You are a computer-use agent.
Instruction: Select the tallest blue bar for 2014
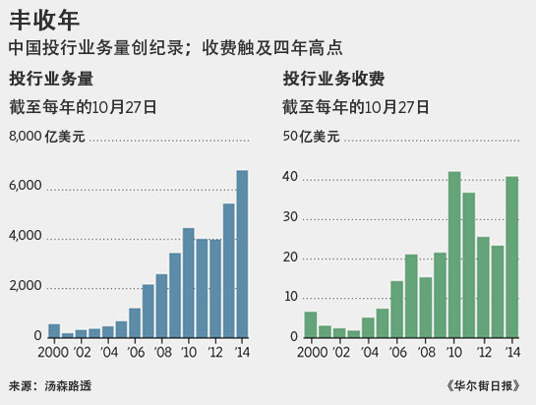242,254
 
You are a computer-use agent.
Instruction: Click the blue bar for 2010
188,282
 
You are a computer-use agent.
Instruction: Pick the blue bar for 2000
54,330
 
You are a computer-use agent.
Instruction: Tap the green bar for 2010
454,255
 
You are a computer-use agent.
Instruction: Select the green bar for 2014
512,257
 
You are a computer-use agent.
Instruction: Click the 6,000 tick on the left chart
25,187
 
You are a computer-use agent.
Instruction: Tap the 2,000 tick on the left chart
25,286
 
